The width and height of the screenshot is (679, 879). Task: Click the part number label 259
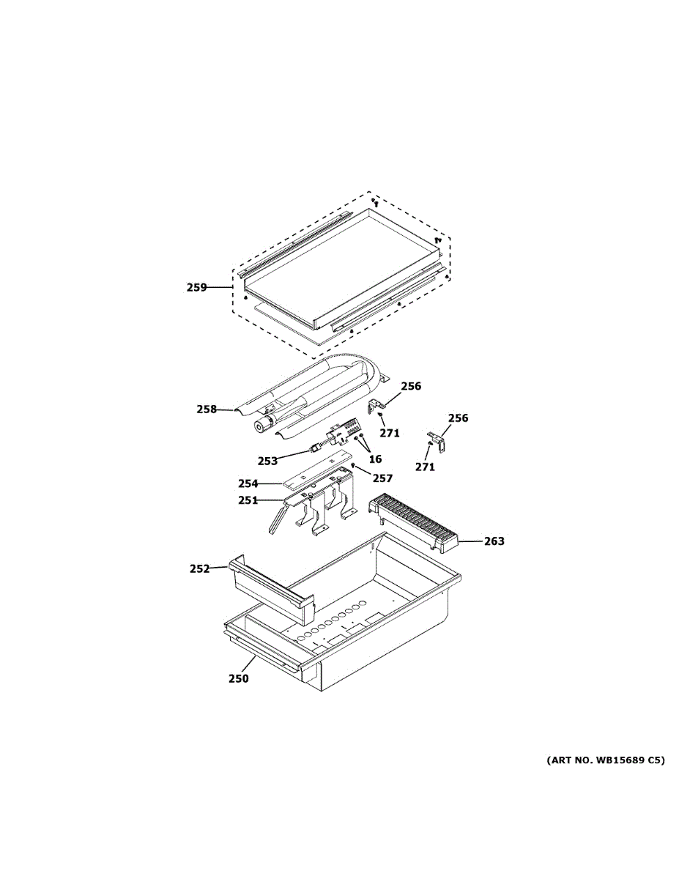(196, 288)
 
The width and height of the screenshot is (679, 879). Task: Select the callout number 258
(207, 409)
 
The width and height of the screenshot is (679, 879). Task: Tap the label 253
(267, 461)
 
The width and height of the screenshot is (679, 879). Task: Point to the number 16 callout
(375, 459)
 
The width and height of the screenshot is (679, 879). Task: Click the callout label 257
(382, 478)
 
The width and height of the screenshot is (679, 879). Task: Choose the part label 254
(248, 483)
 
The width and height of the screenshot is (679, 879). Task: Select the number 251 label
(248, 500)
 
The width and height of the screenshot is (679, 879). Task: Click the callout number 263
(494, 541)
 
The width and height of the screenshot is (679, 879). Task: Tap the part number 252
(199, 568)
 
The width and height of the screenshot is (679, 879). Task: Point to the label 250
(238, 679)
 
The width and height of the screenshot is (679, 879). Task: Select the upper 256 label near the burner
(411, 386)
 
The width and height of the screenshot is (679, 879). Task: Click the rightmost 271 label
(425, 467)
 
